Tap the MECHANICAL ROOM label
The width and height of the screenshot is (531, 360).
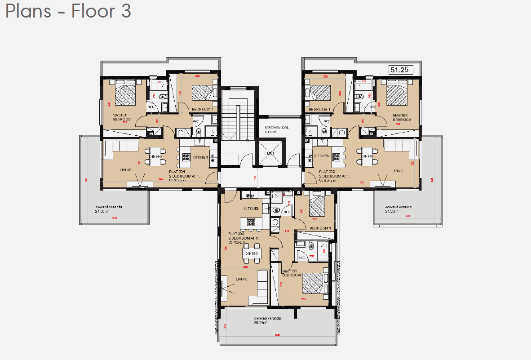(277, 130)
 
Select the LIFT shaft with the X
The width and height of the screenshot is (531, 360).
(271, 153)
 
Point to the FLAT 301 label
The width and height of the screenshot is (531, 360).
(177, 172)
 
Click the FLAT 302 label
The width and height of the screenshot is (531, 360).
(327, 172)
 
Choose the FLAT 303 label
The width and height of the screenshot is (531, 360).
(236, 234)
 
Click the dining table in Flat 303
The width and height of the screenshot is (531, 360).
(252, 253)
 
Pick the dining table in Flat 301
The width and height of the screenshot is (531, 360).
(155, 156)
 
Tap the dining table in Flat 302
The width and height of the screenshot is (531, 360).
(367, 156)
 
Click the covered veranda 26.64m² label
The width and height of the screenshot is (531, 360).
(267, 320)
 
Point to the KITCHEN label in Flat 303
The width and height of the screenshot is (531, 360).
(252, 209)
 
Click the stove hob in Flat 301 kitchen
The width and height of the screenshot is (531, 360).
(186, 156)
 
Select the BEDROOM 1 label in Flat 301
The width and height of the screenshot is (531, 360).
(204, 109)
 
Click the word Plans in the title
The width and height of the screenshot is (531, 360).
(28, 11)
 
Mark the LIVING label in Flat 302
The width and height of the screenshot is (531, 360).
(397, 171)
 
